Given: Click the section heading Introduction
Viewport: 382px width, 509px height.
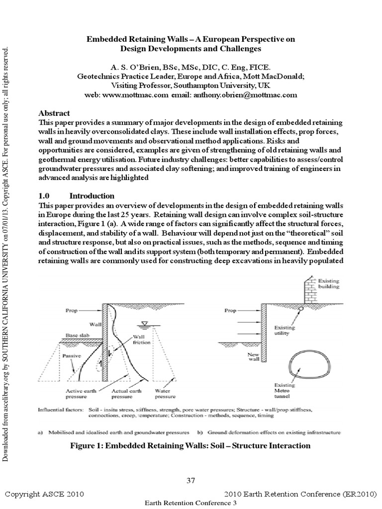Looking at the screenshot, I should pyautogui.click(x=92, y=196).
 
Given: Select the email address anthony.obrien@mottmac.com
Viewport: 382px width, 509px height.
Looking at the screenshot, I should pyautogui.click(x=239, y=94).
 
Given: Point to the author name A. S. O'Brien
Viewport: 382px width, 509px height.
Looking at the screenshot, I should pyautogui.click(x=140, y=67).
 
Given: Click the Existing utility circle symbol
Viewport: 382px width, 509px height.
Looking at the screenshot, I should pyautogui.click(x=301, y=309).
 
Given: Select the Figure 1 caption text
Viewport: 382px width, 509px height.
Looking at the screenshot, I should pyautogui.click(x=191, y=445).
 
